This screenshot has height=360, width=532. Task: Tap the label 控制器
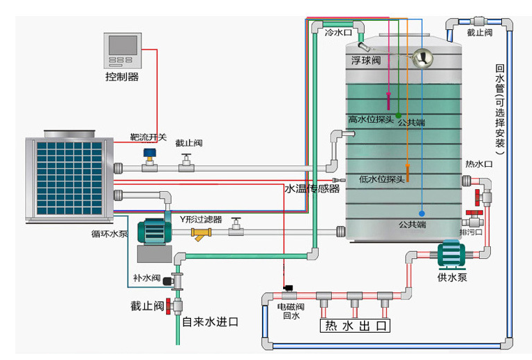tap(122, 77)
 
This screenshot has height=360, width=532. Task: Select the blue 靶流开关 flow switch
tap(149, 154)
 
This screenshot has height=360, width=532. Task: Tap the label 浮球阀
tap(366, 61)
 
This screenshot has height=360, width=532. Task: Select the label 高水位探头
tap(372, 119)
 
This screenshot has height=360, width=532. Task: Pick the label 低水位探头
tap(381, 179)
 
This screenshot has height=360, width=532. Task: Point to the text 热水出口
tap(355, 327)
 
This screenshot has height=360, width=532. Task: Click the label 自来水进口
tap(210, 322)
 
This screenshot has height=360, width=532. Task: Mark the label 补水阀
tap(147, 278)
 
